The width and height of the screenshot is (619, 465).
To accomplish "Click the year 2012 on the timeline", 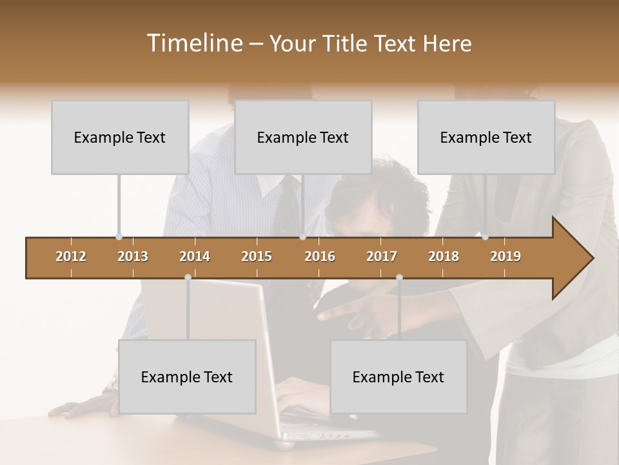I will (71, 256).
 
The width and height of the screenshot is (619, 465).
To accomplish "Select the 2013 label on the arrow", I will (133, 256).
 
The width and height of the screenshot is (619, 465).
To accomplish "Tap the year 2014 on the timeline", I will (195, 256).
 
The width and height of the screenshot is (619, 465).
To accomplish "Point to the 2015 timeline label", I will (257, 256).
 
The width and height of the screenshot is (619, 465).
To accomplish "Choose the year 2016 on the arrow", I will (320, 256).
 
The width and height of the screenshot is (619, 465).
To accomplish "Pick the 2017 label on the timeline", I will (382, 256).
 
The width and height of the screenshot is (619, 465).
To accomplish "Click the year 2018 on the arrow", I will (444, 256).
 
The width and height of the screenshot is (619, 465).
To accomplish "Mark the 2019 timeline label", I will (506, 256).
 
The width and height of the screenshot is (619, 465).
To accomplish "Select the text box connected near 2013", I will (120, 137).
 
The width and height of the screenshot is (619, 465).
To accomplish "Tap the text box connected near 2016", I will (303, 137).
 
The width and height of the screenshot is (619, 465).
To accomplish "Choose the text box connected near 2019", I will (486, 137).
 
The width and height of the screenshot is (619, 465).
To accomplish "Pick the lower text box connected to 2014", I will (187, 377).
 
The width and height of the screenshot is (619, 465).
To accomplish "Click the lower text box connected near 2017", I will (398, 377).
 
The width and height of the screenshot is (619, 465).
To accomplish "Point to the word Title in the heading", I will (347, 43).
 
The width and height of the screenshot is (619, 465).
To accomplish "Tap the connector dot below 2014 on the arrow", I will (188, 277).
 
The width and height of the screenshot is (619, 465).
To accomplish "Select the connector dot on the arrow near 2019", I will (486, 237).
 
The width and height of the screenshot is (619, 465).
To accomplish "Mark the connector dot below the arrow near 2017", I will (399, 277).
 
